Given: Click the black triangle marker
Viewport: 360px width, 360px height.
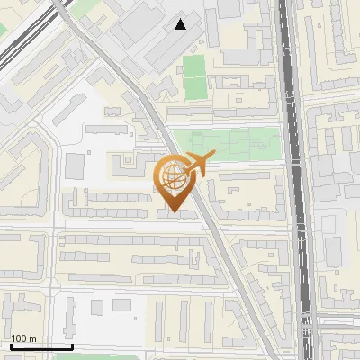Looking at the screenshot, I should [x=181, y=24].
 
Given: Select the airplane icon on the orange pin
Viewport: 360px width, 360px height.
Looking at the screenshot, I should [x=194, y=164].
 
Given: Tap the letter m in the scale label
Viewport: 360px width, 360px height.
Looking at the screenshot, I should [x=32, y=338].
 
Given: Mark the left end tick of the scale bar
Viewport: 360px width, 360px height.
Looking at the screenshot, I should [x=10, y=346].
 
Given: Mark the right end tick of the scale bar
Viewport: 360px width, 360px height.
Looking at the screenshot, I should [x=72, y=346].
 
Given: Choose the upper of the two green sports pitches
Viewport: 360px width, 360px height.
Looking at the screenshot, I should [x=194, y=66].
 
